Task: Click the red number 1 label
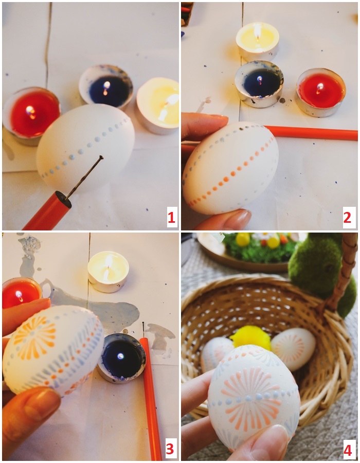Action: coord(171,218)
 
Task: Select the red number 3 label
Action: coord(170,449)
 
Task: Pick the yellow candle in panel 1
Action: coord(158,105)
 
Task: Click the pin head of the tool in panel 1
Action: coord(101,157)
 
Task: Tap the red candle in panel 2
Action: coord(320,92)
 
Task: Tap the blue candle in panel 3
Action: coord(121,358)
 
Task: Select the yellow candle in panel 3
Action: coord(109,271)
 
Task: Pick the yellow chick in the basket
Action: coord(250,337)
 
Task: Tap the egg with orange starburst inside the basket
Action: coord(293,349)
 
